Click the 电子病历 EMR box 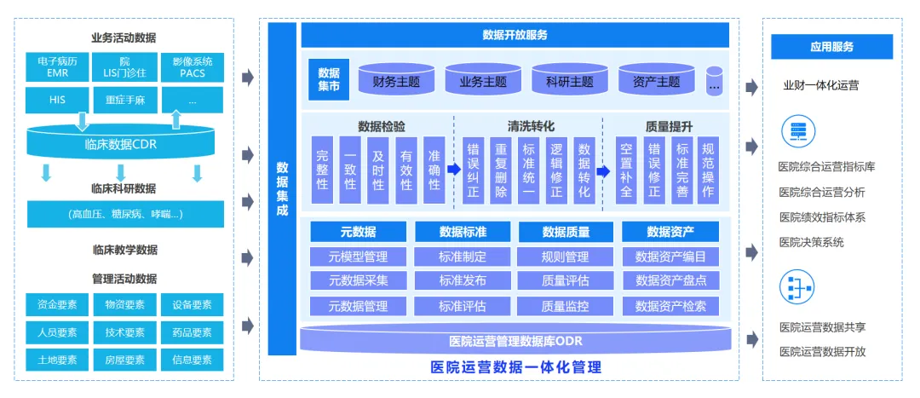coord(57,67)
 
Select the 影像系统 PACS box coord(192,67)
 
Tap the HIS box coord(57,100)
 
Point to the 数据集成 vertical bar coord(282,188)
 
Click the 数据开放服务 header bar coord(515,35)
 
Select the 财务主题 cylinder coord(396,82)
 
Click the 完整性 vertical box coord(322,170)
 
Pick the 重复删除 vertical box coord(502,170)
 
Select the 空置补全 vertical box coord(626,170)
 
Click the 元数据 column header coord(358,232)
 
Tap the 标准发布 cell coord(463,280)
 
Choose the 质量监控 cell coord(566,306)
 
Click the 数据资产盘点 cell coord(670,280)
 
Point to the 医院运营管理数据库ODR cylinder coord(515,341)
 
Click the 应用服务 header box coord(831,47)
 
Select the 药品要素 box coord(192,332)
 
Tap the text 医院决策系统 coord(811,242)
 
